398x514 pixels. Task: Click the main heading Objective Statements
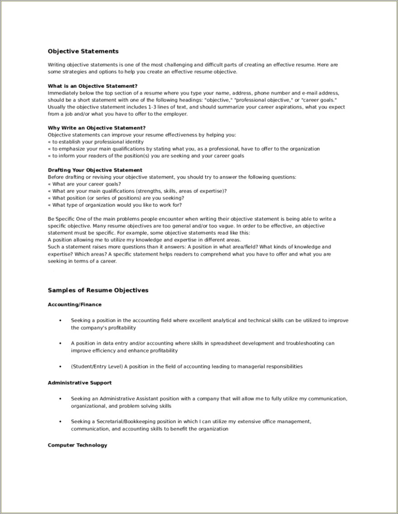coord(83,51)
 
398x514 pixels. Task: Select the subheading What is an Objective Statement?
coord(92,86)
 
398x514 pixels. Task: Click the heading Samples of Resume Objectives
coord(98,290)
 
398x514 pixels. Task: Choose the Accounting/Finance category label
coord(75,305)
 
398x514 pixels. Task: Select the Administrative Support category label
coord(80,383)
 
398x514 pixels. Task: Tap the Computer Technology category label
coord(77,445)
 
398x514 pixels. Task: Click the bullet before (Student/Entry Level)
coord(60,366)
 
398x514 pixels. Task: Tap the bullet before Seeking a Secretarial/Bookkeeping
coord(60,422)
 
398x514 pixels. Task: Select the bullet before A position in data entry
coord(60,343)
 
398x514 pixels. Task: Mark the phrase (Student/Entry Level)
coord(96,366)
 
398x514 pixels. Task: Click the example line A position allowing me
coord(144,240)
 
